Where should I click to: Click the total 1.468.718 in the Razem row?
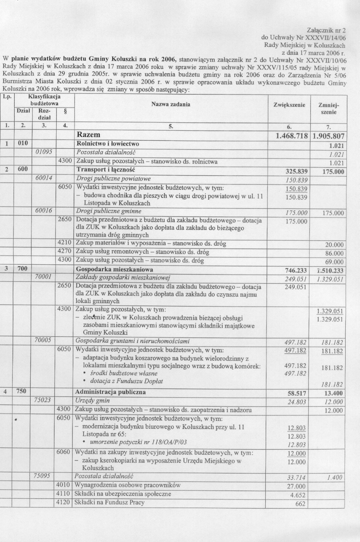(292, 136)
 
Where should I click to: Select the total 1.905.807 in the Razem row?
(329, 136)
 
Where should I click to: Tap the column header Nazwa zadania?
(171, 104)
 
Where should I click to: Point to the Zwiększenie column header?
(289, 105)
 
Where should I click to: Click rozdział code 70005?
(43, 341)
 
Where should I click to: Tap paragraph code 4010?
(64, 485)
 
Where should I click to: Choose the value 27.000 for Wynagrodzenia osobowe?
(296, 487)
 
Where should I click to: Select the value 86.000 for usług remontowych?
(334, 253)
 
